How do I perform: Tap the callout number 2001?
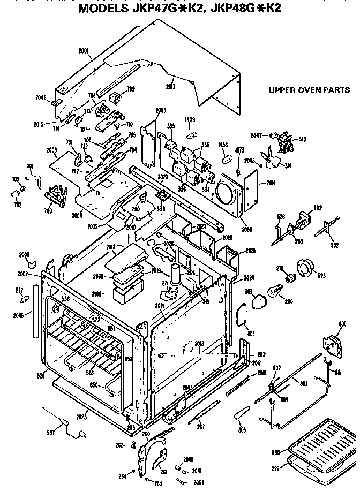84,51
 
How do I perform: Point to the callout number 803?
303,383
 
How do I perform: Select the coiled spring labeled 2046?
236,384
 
